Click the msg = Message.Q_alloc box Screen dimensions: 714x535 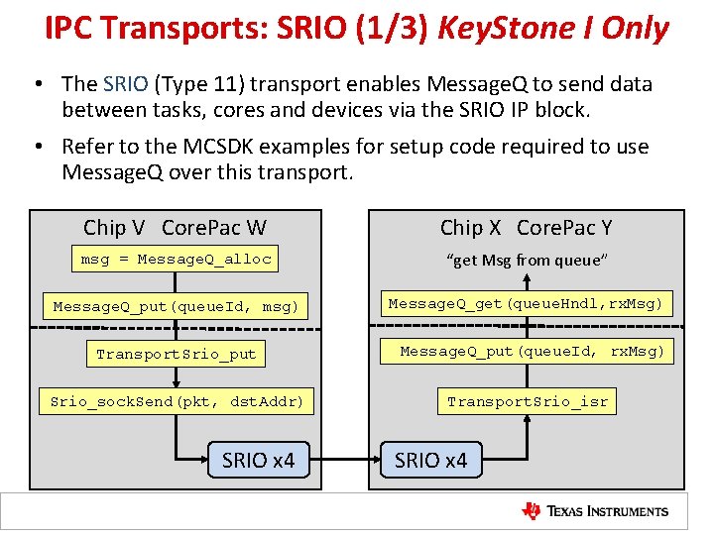(177, 260)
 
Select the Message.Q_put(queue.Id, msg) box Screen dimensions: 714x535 (177, 307)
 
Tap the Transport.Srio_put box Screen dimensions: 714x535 (177, 354)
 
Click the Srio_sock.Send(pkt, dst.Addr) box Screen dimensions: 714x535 (177, 401)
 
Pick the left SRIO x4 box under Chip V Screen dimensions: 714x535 (259, 461)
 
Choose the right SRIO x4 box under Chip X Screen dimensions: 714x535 (430, 461)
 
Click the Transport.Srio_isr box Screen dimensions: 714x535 (527, 401)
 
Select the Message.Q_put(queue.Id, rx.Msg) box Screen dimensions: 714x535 (533, 351)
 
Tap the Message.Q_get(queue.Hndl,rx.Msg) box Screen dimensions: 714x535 (526, 303)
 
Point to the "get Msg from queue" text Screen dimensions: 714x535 (527, 261)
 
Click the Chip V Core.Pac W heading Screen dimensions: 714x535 (175, 228)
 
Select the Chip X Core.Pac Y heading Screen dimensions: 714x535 (527, 228)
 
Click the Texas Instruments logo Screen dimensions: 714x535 (595, 511)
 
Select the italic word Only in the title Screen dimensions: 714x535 (634, 28)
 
